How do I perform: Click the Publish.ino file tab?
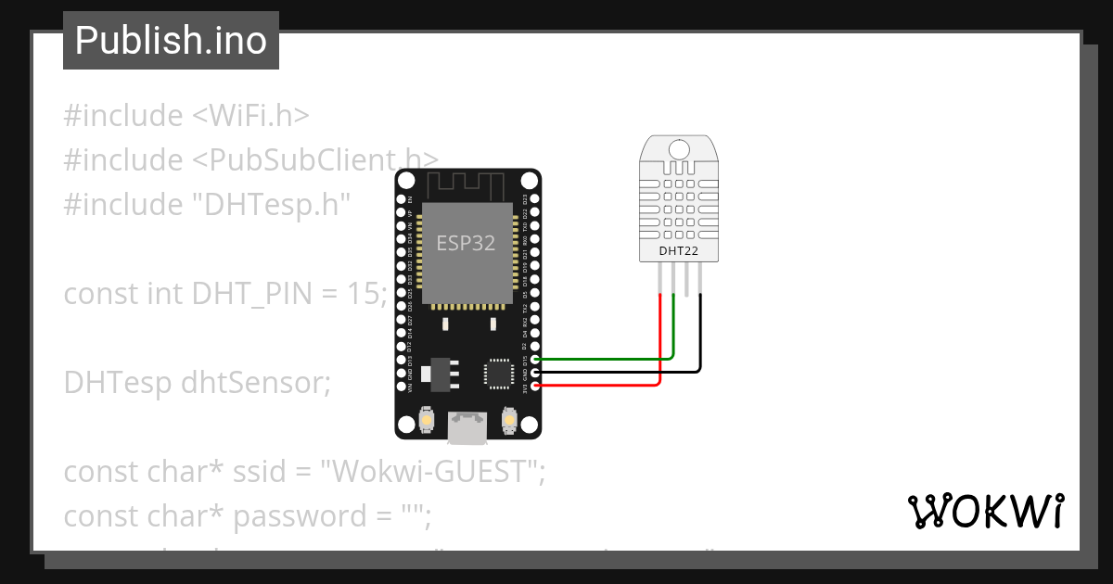pyautogui.click(x=171, y=41)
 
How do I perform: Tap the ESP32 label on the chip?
pyautogui.click(x=466, y=243)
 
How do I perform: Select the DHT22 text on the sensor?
pyautogui.click(x=678, y=250)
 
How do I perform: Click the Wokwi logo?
pyautogui.click(x=984, y=511)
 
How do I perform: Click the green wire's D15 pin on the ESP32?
pyautogui.click(x=535, y=359)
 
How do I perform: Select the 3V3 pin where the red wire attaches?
pyautogui.click(x=535, y=385)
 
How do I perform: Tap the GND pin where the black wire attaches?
pyautogui.click(x=535, y=372)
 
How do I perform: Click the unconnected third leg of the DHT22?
pyautogui.click(x=687, y=278)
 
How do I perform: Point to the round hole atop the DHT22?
pyautogui.click(x=679, y=149)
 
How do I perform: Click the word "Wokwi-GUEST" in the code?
pyautogui.click(x=431, y=472)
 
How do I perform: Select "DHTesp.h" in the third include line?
pyautogui.click(x=270, y=204)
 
